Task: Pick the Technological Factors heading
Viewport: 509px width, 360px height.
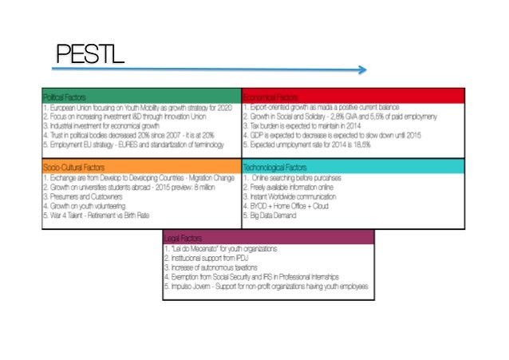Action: pyautogui.click(x=274, y=166)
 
